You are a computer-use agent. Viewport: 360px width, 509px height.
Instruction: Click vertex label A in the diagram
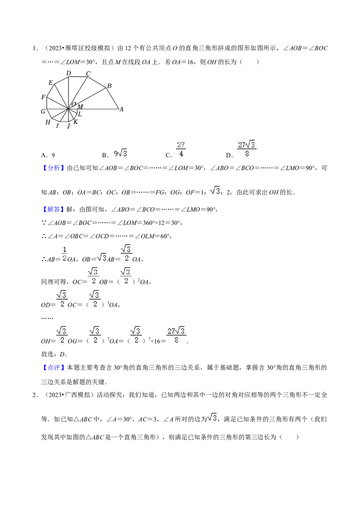coord(121,109)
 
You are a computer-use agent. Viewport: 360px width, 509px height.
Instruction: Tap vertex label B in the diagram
coord(109,86)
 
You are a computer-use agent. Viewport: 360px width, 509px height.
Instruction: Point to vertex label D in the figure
coord(68,73)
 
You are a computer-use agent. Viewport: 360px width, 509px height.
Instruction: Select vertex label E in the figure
coord(51,83)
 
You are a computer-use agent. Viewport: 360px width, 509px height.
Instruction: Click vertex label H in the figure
coord(48,122)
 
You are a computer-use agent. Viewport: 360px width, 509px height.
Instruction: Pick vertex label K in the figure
coord(76,122)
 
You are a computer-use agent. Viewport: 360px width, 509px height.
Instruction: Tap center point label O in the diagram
coord(74,104)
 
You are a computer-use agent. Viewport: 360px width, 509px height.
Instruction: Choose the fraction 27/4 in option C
coord(181,149)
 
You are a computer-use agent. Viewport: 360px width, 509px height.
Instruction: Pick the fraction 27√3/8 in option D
coord(247,149)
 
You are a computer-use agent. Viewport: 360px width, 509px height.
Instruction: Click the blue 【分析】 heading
coord(53,168)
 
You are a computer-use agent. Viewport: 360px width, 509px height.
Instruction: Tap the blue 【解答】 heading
coord(53,210)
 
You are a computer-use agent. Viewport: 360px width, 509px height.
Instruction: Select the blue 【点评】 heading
coord(53,368)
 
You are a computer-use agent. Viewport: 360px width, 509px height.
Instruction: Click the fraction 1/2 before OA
coord(64,254)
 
